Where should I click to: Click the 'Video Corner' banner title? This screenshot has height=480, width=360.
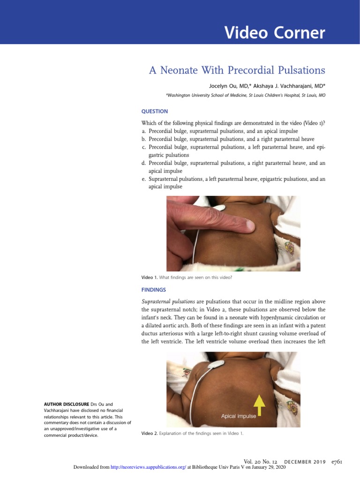274,33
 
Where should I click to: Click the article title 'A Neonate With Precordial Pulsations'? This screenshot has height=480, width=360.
237,70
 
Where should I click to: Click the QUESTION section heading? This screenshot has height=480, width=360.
154,112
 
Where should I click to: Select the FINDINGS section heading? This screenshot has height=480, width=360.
153,290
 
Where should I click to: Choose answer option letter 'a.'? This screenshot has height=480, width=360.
144,131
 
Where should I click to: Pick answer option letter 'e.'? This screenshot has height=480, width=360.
144,179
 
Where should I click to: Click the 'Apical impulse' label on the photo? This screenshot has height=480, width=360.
239,416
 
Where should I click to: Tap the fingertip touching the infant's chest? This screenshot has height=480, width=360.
246,227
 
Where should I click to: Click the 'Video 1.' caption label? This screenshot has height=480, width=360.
150,277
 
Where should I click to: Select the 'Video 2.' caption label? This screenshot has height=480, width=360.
150,433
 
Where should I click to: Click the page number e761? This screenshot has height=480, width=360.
337,462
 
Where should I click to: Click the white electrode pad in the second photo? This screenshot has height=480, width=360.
217,363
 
